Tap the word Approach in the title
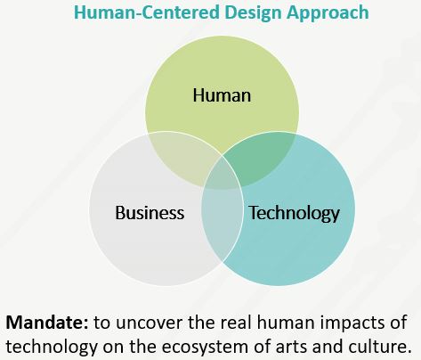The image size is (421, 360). click(x=328, y=13)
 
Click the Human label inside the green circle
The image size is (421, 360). click(x=222, y=95)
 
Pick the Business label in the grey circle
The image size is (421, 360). click(x=150, y=213)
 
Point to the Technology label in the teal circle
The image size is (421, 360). click(x=295, y=213)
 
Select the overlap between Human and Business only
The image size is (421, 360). click(x=181, y=158)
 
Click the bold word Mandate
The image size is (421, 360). click(x=47, y=323)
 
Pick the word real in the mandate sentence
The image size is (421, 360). click(x=236, y=323)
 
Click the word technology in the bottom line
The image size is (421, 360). click(x=52, y=348)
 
